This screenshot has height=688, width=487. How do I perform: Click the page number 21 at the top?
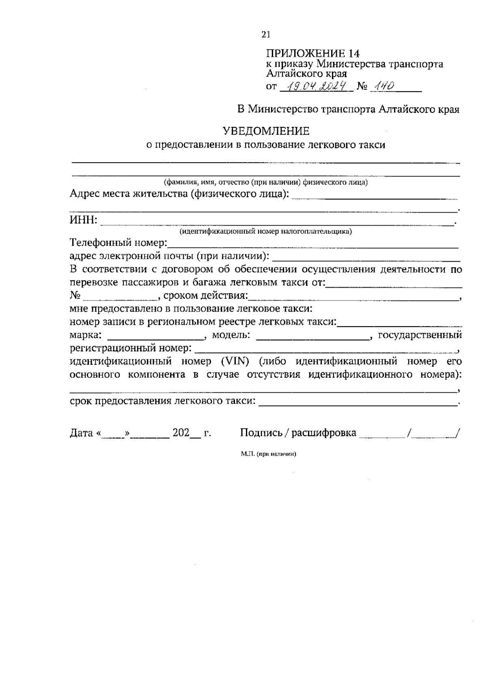click(x=266, y=35)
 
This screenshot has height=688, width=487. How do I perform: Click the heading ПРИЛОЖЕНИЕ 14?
click(x=312, y=54)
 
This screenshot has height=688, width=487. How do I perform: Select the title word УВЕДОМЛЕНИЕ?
click(x=266, y=131)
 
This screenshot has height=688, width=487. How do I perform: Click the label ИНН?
click(x=84, y=220)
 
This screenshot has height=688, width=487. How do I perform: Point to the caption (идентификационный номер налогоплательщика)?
click(x=266, y=232)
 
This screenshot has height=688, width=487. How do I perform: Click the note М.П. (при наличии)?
click(x=268, y=454)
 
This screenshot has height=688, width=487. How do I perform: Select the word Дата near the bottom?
click(x=82, y=433)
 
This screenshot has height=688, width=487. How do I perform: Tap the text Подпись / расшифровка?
click(x=298, y=433)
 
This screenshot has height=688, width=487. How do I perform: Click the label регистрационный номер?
click(x=131, y=348)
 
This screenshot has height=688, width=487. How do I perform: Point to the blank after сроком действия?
click(x=353, y=296)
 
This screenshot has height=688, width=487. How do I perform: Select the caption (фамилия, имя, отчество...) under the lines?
click(x=266, y=183)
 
